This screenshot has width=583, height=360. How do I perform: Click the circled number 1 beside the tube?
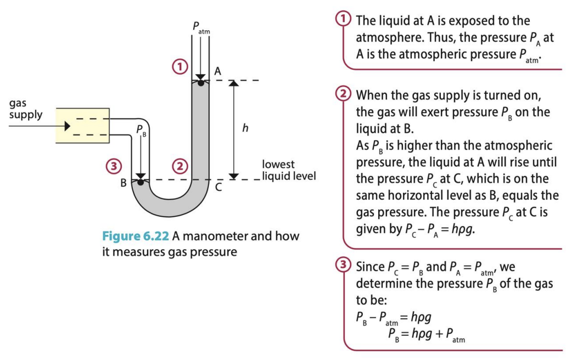point(177,66)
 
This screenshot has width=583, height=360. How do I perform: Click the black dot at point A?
point(201,83)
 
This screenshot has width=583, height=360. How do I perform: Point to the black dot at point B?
point(141,182)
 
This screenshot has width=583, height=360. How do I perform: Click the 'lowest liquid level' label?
point(289,170)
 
